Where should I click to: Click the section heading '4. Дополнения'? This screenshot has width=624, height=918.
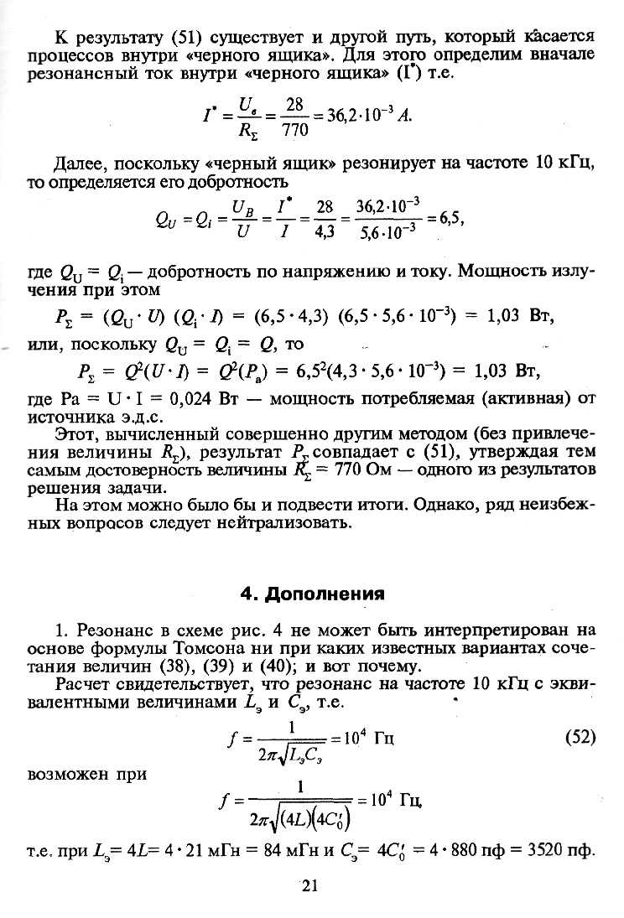pos(312,594)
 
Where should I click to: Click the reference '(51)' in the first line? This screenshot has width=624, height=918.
pos(183,38)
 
